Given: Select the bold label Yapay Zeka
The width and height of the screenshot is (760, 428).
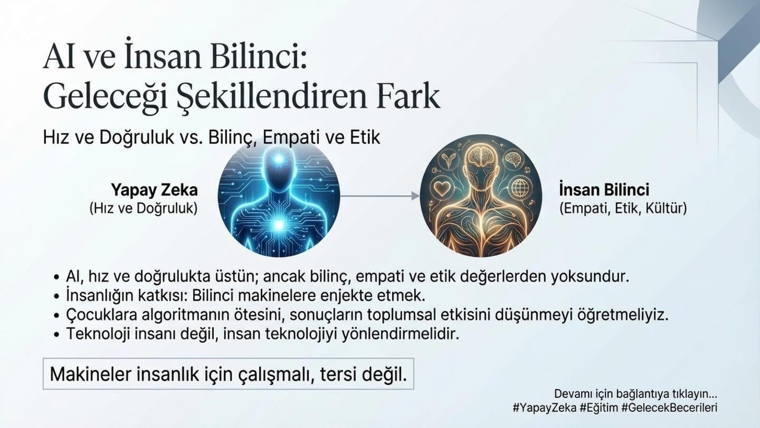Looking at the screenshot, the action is pyautogui.click(x=154, y=190).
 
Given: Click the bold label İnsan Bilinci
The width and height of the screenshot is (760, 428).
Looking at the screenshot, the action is pyautogui.click(x=604, y=189).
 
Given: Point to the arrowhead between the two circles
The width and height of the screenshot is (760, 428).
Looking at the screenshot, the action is pyautogui.click(x=415, y=196).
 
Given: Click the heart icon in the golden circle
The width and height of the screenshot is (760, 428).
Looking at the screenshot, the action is pyautogui.click(x=442, y=188).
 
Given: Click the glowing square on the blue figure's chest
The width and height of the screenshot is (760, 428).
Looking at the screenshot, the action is pyautogui.click(x=279, y=225).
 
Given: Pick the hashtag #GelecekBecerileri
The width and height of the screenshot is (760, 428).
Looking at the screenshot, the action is pyautogui.click(x=669, y=407).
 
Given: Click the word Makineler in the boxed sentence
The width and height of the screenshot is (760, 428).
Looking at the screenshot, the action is pyautogui.click(x=91, y=374).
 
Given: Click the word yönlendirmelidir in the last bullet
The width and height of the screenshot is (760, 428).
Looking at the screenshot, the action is pyautogui.click(x=401, y=334).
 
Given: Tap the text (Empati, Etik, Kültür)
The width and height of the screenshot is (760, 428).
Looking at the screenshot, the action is pyautogui.click(x=623, y=208).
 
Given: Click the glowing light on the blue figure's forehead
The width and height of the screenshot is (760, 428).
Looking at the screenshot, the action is pyautogui.click(x=279, y=159).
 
